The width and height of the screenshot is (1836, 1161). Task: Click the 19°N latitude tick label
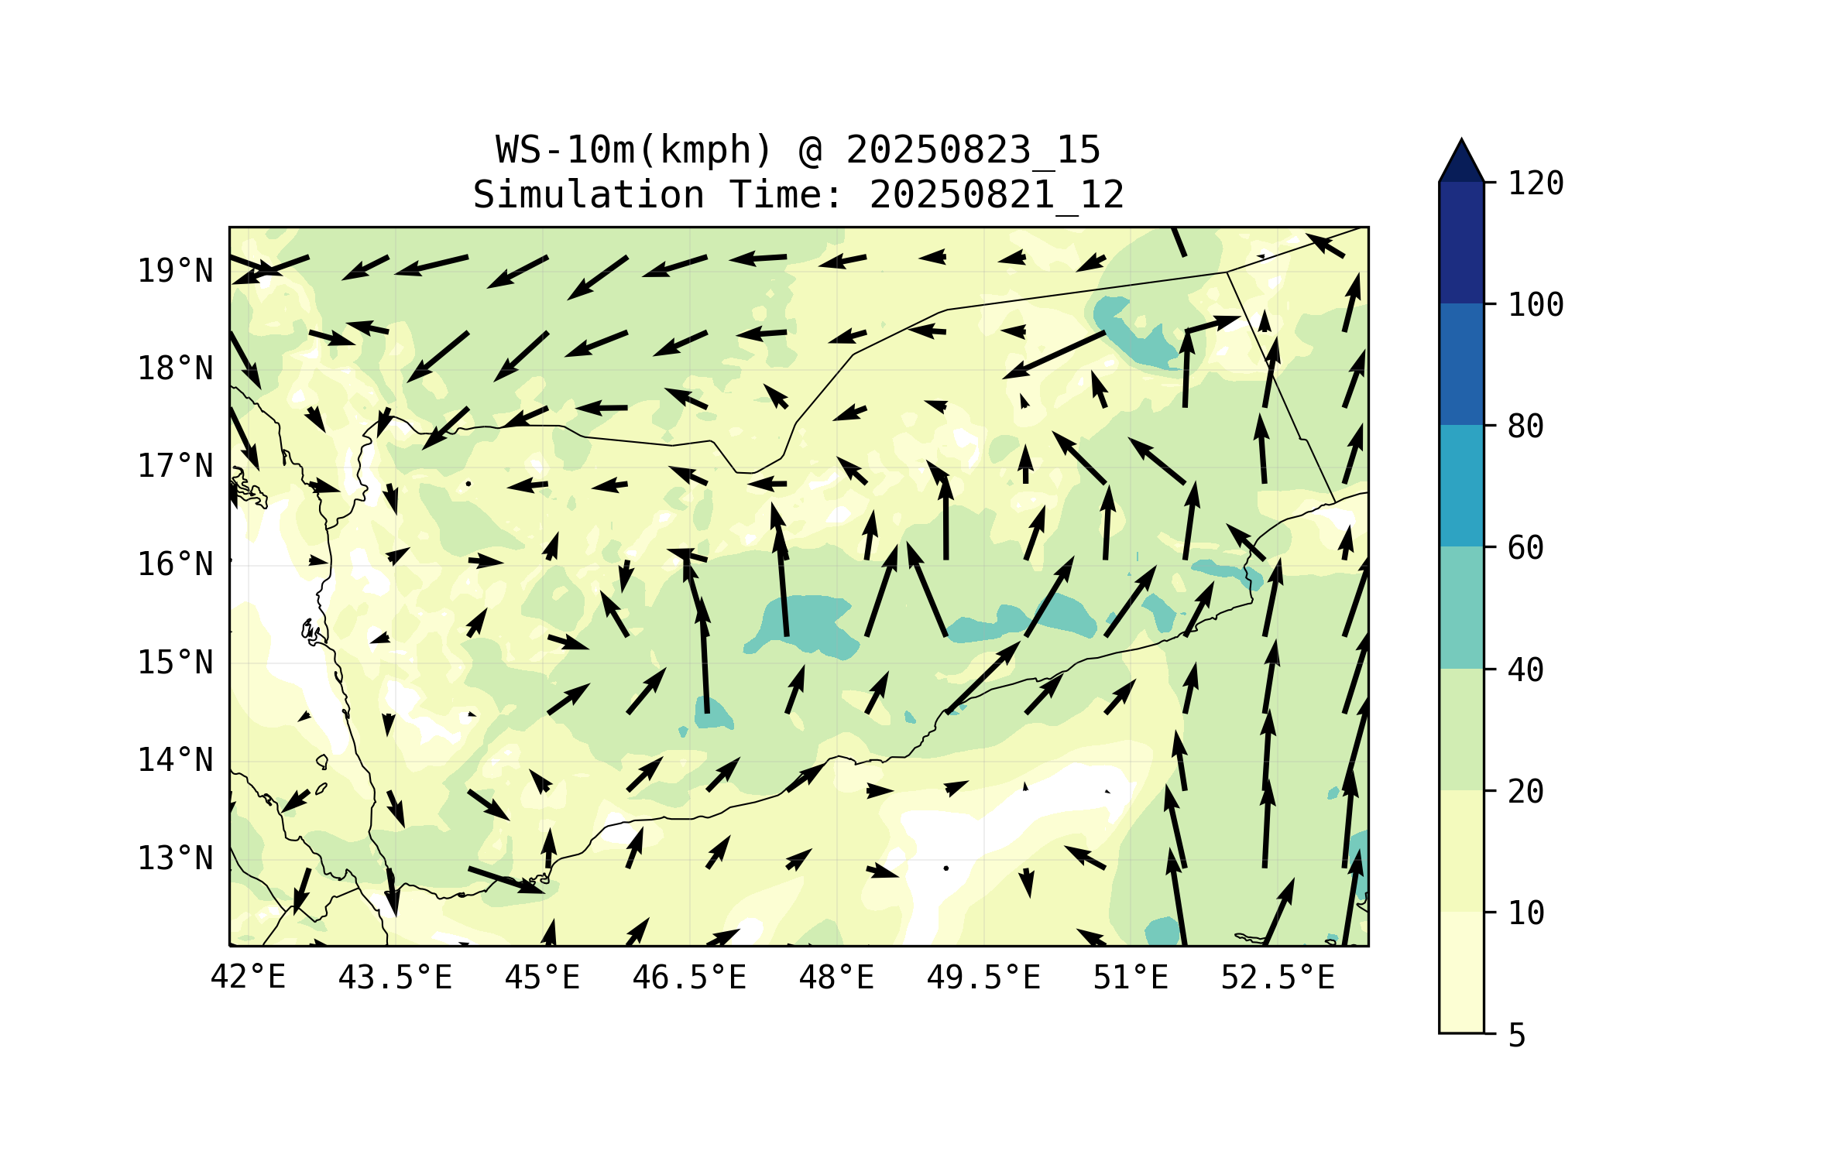click(175, 271)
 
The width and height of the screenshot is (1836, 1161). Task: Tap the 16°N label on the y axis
click(175, 565)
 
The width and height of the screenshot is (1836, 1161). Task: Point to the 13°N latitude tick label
click(175, 858)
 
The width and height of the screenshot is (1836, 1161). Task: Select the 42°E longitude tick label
click(248, 978)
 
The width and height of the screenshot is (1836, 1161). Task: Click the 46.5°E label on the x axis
click(689, 978)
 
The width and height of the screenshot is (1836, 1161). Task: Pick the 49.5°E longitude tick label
click(983, 978)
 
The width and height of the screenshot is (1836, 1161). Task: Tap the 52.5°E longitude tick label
click(1278, 978)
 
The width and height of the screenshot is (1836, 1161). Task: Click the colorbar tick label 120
click(1536, 183)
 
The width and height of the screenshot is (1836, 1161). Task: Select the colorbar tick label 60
click(1525, 548)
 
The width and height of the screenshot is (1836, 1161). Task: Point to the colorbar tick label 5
click(1517, 1036)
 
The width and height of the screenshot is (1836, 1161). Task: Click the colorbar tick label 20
click(1525, 791)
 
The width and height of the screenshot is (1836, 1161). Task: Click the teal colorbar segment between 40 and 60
click(1461, 608)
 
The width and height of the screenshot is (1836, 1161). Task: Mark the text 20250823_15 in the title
click(973, 150)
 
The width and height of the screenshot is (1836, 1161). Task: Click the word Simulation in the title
click(589, 195)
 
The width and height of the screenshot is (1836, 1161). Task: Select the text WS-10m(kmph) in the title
click(634, 150)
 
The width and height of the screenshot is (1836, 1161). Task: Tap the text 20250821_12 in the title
click(997, 195)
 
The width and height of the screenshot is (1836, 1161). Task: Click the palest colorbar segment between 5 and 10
click(1461, 972)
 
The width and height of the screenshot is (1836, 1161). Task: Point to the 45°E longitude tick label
click(542, 978)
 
